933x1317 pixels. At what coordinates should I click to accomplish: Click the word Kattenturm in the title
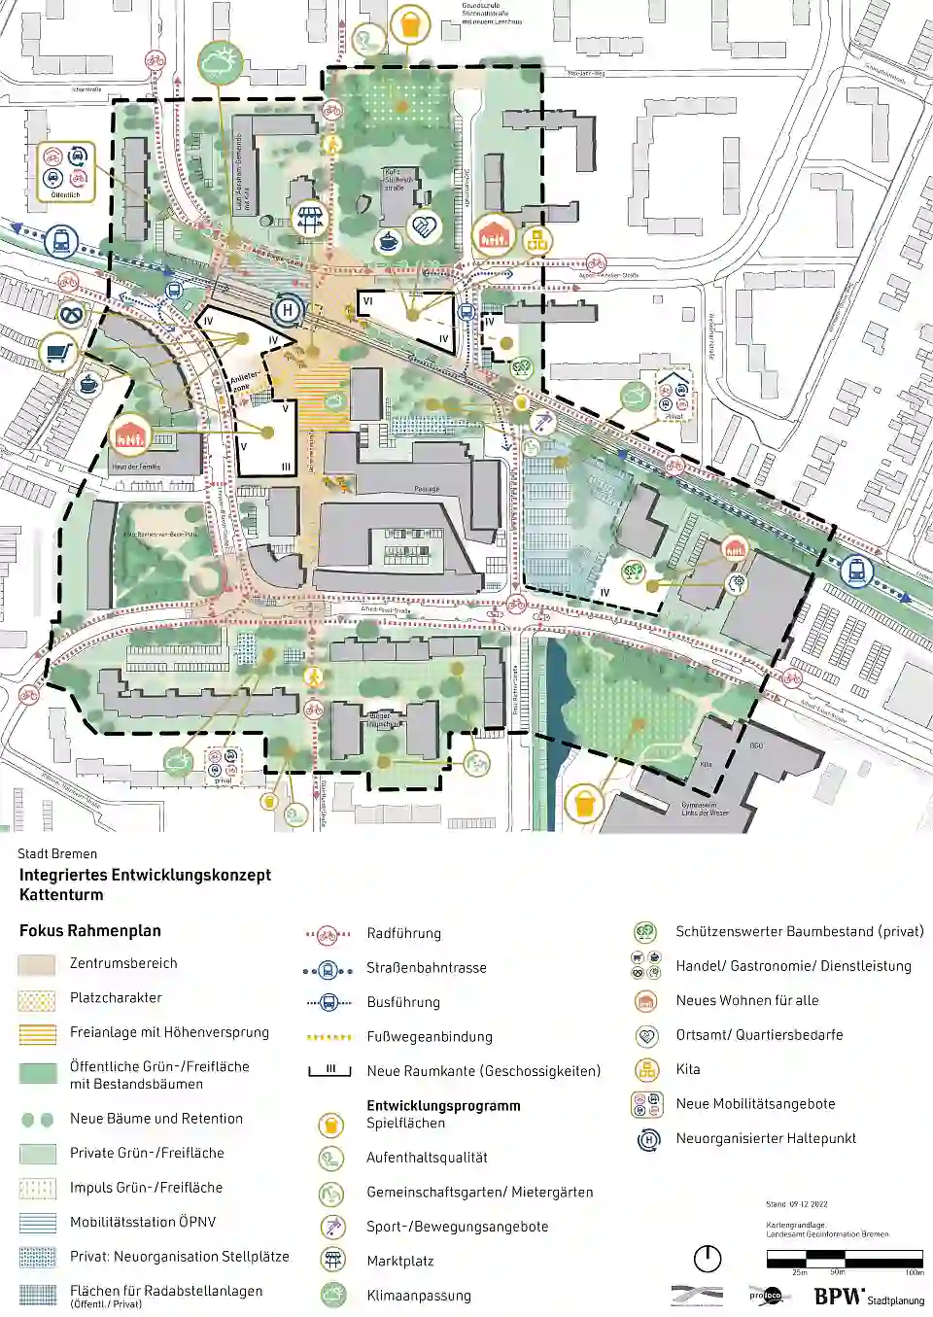tap(61, 894)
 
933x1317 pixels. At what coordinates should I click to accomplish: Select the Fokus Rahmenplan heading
tap(90, 930)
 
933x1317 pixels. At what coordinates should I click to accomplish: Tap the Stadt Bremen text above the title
tap(57, 853)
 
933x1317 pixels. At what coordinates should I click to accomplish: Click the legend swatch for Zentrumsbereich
tap(37, 964)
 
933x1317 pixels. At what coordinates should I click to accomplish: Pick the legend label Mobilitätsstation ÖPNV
tap(143, 1222)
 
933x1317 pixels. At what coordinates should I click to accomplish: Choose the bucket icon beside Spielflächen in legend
tap(331, 1125)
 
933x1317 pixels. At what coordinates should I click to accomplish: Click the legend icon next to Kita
tap(646, 1069)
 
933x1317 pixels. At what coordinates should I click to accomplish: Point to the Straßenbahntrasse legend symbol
tap(328, 969)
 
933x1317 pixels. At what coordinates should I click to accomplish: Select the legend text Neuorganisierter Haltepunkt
tap(766, 1138)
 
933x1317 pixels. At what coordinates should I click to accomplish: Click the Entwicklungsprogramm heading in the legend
tap(443, 1105)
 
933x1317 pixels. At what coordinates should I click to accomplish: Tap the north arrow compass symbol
tap(708, 1259)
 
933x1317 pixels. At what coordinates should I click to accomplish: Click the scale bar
tap(845, 1260)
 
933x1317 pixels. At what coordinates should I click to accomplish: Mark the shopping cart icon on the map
tap(59, 351)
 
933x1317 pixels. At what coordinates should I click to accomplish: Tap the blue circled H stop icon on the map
tap(287, 311)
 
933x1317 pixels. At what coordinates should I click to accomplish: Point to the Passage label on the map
tap(427, 489)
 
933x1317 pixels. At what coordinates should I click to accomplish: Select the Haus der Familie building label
tap(136, 467)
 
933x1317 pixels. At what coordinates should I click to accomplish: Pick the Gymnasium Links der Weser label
tap(706, 809)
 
